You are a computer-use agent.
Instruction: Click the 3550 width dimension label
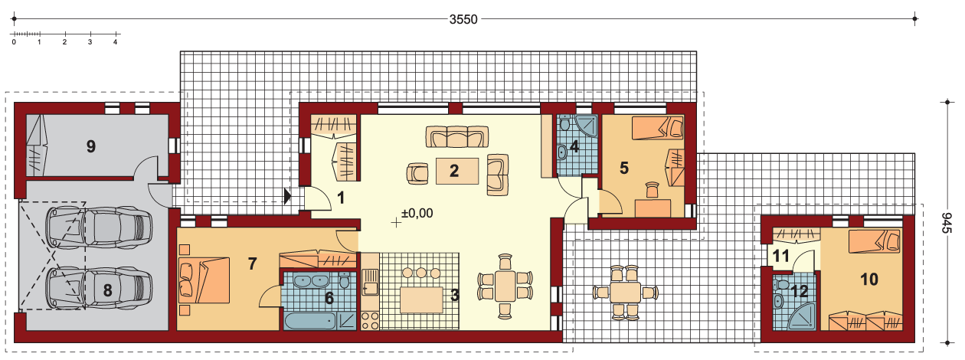(463, 19)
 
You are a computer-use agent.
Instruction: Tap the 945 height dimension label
(946, 223)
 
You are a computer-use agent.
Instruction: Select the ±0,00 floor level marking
(417, 213)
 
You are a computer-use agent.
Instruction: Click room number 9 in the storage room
(91, 146)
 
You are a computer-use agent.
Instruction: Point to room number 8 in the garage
(108, 290)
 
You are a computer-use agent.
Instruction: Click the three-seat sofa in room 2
(457, 137)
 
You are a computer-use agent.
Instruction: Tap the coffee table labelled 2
(457, 171)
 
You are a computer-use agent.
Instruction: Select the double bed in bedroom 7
(204, 280)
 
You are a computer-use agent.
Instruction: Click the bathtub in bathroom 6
(310, 321)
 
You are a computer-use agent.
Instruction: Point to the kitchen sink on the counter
(370, 283)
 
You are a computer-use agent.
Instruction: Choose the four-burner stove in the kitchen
(370, 321)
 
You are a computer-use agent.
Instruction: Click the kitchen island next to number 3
(422, 299)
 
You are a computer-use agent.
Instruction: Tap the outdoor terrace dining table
(625, 293)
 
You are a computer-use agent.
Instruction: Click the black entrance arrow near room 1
(288, 196)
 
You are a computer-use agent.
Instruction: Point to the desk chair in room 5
(653, 189)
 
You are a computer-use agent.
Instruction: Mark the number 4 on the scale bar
(115, 42)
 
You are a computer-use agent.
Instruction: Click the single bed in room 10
(874, 241)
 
